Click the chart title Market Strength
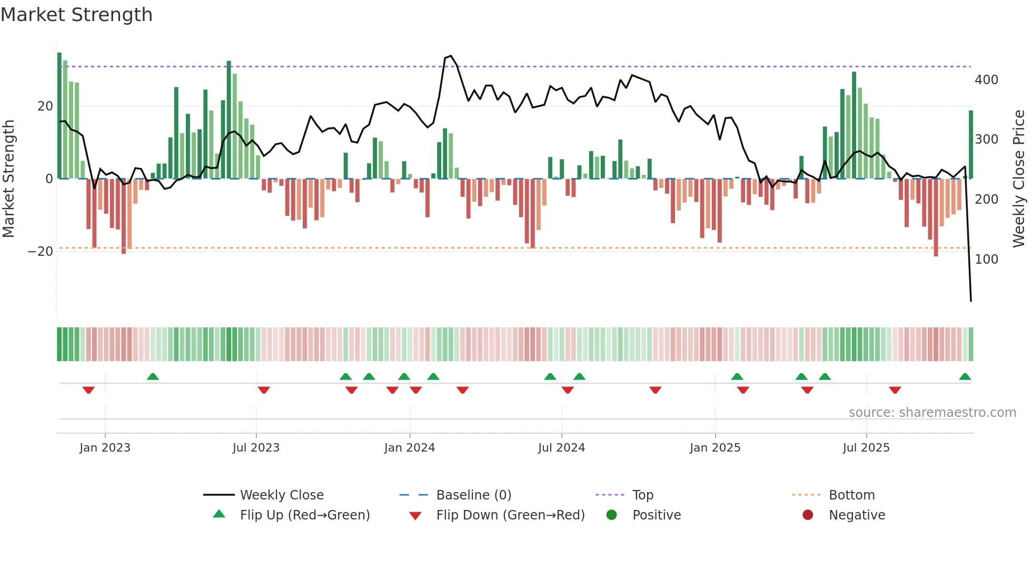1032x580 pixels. click(x=77, y=15)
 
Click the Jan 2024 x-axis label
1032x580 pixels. click(x=409, y=448)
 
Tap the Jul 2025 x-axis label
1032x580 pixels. click(x=866, y=448)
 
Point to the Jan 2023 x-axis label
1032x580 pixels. click(x=105, y=448)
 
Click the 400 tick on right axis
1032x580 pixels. click(x=986, y=80)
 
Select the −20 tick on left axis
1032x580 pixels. click(x=41, y=252)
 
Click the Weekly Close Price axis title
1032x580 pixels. click(x=1019, y=179)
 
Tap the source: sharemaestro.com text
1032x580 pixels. click(x=932, y=413)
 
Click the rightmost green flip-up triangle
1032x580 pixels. click(x=965, y=377)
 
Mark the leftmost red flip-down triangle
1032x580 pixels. click(x=88, y=390)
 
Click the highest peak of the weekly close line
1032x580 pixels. click(x=451, y=56)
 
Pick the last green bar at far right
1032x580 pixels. click(x=971, y=145)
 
